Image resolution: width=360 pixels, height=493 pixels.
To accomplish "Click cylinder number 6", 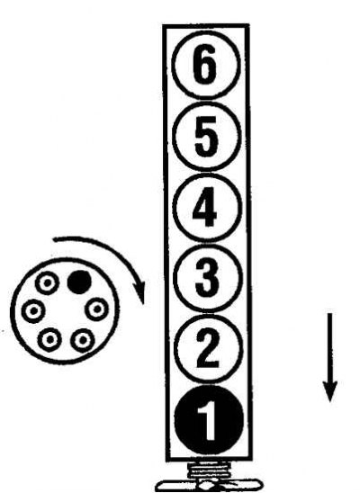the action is tap(204, 65).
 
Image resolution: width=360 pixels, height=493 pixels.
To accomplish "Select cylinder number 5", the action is tap(207, 137).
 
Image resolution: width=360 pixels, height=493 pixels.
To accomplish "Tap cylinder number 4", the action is tap(207, 207).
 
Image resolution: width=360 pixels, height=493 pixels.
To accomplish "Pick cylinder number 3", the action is tap(208, 277).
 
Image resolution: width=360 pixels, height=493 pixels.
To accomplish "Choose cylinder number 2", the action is tap(208, 348).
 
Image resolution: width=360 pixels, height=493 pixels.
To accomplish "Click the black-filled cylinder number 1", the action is tap(209, 420).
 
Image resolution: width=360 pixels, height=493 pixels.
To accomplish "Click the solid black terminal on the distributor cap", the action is tap(79, 282).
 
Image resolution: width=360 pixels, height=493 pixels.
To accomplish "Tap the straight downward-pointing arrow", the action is tap(329, 357).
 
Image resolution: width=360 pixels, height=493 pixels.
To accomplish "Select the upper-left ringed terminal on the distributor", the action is tap(47, 283).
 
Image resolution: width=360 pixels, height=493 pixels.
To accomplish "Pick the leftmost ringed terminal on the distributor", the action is tap(33, 311).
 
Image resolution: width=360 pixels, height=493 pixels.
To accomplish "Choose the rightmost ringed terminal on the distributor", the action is tap(97, 309).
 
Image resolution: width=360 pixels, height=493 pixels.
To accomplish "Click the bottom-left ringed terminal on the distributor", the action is tap(49, 339).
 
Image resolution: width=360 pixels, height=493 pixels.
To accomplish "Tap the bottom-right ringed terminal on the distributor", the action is tap(83, 340).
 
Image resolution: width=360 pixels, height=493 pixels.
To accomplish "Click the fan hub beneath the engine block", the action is tap(208, 486).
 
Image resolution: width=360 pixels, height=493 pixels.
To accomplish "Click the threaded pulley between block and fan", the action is tap(208, 470).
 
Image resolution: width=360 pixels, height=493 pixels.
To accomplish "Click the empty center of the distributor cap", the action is tap(65, 310).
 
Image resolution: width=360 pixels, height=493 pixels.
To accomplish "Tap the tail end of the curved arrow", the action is tap(54, 240).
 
